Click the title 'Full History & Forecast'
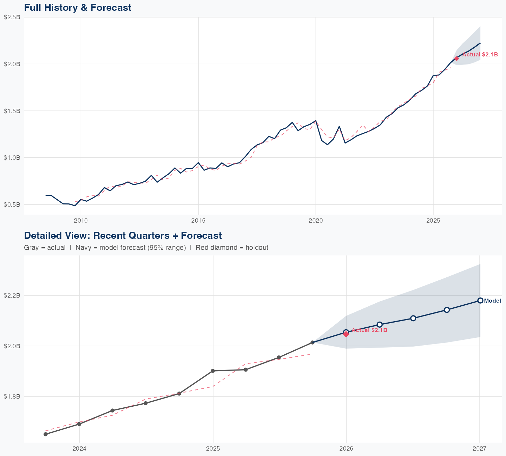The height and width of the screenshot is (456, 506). click(x=78, y=7)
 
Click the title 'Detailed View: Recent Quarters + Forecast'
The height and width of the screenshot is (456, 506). click(x=123, y=235)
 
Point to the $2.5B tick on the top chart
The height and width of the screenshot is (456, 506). click(x=12, y=17)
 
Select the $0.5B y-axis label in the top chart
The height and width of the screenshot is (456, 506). click(x=12, y=204)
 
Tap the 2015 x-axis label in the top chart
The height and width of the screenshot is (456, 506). click(x=198, y=221)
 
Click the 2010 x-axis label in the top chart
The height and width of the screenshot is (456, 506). click(x=81, y=221)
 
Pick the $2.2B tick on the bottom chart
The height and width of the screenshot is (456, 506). click(x=12, y=296)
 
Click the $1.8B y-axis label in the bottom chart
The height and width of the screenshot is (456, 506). click(x=12, y=396)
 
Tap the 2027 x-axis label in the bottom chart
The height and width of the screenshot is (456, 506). click(x=479, y=449)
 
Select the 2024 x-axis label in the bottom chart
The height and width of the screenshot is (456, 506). click(x=80, y=449)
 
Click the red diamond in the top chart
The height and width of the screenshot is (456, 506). click(x=457, y=58)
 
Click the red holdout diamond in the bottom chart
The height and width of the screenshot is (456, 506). click(x=346, y=334)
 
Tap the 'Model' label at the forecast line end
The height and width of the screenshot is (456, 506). click(x=493, y=301)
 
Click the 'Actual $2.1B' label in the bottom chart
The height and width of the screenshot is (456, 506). click(x=369, y=330)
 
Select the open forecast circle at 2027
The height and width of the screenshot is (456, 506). click(x=480, y=301)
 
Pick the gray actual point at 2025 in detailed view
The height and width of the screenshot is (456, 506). click(x=213, y=371)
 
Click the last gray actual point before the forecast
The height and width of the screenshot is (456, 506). click(x=312, y=343)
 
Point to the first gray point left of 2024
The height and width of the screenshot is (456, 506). click(x=46, y=434)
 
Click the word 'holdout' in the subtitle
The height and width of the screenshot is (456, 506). click(x=257, y=248)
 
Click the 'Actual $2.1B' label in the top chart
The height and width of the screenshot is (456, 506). click(x=480, y=54)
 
